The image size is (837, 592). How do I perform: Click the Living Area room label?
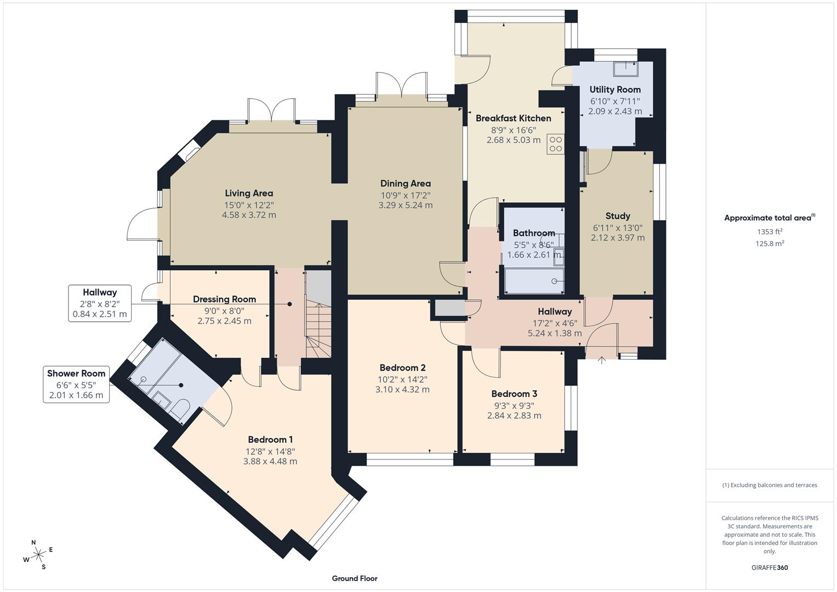(249, 193)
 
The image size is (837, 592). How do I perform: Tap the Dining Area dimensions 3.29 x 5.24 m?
(405, 206)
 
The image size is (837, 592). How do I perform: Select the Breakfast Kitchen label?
(513, 118)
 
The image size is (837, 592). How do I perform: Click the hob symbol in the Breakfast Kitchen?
(555, 144)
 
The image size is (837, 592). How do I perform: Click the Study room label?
(617, 216)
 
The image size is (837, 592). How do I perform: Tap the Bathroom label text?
(533, 233)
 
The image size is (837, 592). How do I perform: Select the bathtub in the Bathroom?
(533, 281)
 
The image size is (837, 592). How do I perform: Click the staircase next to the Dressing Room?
(318, 329)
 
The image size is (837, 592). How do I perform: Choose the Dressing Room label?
(224, 299)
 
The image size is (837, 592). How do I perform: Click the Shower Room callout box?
(76, 384)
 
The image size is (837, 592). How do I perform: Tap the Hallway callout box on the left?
(100, 303)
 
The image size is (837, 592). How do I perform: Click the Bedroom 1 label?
(270, 440)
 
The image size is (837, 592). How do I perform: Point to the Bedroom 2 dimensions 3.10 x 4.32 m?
(402, 390)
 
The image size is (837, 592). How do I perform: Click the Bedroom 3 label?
(514, 394)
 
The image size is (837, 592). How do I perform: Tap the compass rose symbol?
(38, 555)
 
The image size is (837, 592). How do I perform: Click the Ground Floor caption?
(354, 578)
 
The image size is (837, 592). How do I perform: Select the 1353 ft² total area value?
(770, 232)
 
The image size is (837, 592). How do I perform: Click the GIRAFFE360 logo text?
(770, 568)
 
